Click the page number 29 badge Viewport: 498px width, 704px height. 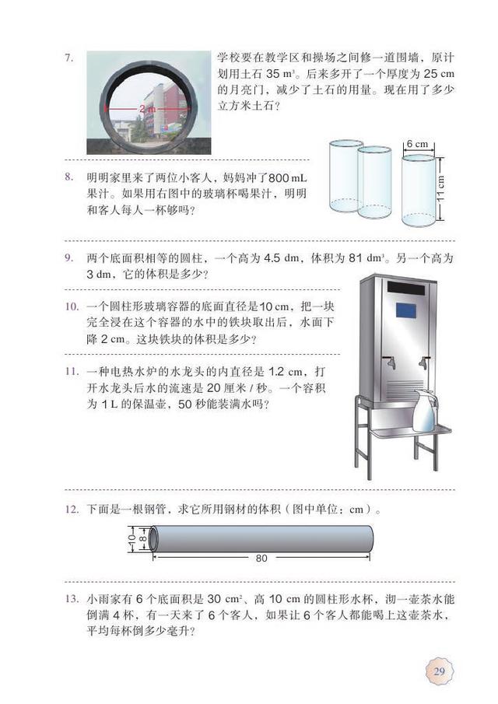point(439,671)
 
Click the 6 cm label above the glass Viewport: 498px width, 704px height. point(418,144)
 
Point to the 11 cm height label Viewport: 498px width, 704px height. point(440,188)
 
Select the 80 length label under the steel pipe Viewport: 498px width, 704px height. point(261,558)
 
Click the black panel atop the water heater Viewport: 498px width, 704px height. point(406,288)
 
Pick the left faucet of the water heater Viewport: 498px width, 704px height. point(389,363)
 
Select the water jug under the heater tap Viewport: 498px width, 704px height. point(424,411)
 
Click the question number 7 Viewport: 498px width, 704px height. point(68,58)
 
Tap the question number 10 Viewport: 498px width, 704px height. point(72,306)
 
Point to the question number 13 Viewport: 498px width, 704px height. point(72,598)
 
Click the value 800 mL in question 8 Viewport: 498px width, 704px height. point(288,178)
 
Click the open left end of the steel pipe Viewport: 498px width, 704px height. point(153,538)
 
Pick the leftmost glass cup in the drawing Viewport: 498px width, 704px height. point(345,176)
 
